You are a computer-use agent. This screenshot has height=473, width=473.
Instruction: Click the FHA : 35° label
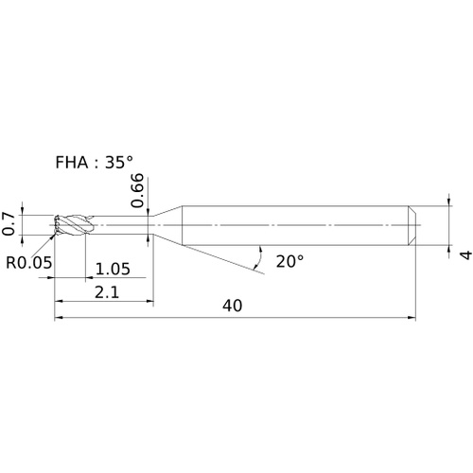[x=94, y=163]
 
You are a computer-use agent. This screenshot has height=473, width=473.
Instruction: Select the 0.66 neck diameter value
[x=137, y=190]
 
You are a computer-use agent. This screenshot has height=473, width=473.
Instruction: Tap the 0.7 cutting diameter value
[x=9, y=224]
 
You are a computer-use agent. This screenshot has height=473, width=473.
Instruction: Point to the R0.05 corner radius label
[x=29, y=262]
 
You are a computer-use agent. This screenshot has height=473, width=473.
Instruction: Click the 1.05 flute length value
[x=113, y=270]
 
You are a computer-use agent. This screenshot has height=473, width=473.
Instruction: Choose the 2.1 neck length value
[x=107, y=292]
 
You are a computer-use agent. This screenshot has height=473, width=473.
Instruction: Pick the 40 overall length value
[x=233, y=306]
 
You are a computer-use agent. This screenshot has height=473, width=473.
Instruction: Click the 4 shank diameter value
[x=466, y=254]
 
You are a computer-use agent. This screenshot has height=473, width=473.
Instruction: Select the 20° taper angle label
[x=289, y=261]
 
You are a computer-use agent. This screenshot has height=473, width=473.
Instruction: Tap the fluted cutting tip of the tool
[x=73, y=225]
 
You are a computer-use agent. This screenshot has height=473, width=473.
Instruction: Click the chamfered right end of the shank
[x=412, y=225]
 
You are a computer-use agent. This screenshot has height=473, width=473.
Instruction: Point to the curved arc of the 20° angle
[x=259, y=257]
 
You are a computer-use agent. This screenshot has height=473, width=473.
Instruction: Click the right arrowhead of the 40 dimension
[x=412, y=318]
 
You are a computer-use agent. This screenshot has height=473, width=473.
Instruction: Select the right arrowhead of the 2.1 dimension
[x=149, y=301]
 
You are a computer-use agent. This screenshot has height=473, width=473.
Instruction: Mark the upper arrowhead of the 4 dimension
[x=448, y=201]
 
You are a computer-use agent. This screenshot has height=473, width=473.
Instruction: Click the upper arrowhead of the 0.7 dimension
[x=22, y=211]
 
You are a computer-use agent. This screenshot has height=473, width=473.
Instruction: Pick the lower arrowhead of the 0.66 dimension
[x=149, y=238]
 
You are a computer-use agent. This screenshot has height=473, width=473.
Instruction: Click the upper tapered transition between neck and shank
[x=167, y=211]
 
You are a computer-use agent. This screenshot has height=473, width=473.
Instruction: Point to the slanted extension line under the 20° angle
[x=223, y=259]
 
